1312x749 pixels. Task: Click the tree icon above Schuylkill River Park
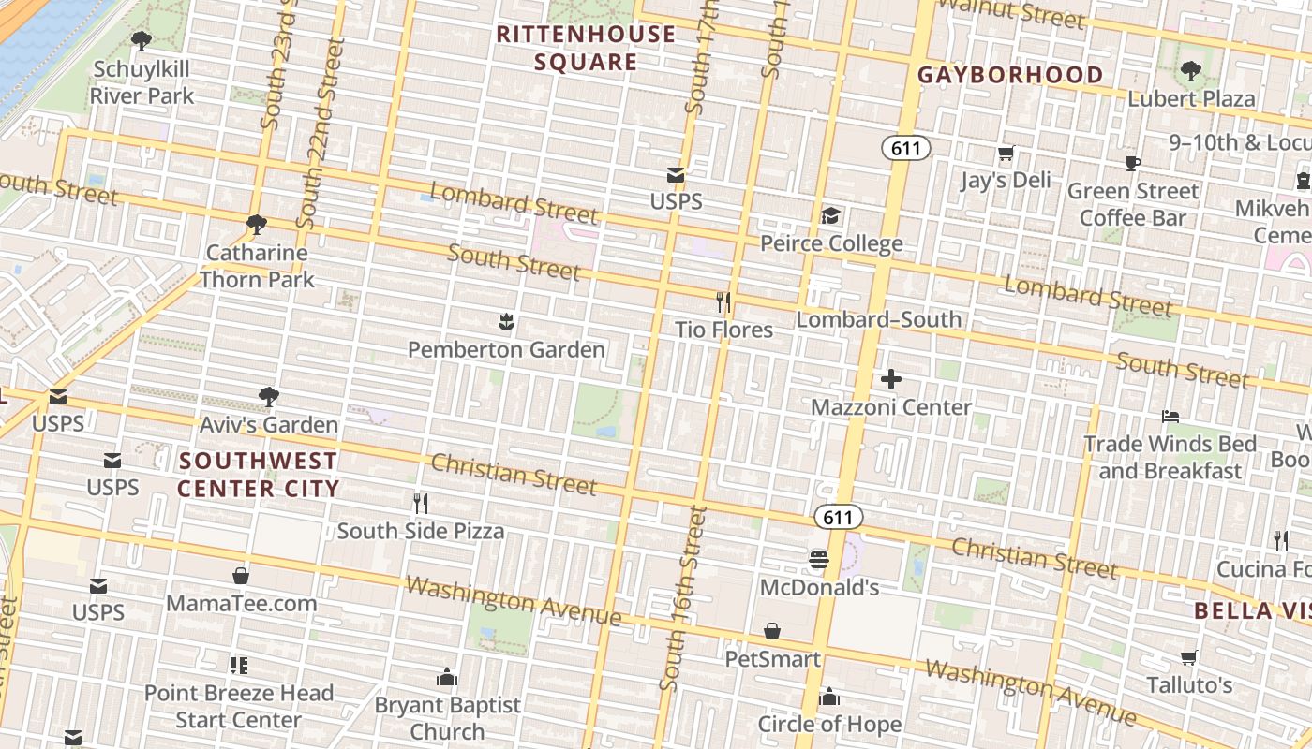(142, 40)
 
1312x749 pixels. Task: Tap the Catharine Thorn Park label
(257, 266)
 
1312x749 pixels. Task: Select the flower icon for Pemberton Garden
(506, 323)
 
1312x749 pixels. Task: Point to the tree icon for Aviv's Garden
(269, 397)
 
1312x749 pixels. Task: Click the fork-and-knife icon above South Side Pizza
(421, 504)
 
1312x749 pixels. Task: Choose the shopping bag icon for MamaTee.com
(241, 576)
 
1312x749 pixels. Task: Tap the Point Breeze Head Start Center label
(239, 706)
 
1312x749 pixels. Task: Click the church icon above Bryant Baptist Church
(447, 677)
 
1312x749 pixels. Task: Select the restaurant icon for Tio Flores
(723, 302)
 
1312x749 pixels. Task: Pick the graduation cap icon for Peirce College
(831, 216)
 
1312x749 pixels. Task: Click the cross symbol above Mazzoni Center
(891, 379)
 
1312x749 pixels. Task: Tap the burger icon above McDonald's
(819, 560)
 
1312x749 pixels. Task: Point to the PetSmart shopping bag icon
(772, 632)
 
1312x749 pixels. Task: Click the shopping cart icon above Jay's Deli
(1006, 153)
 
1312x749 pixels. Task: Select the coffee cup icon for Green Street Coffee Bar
(1133, 164)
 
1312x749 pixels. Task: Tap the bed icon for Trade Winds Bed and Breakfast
(1170, 416)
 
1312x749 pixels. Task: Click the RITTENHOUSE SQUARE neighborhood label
(586, 49)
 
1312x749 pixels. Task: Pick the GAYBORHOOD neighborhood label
(1010, 75)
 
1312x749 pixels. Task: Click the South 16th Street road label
(684, 599)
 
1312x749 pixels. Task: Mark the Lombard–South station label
(879, 319)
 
